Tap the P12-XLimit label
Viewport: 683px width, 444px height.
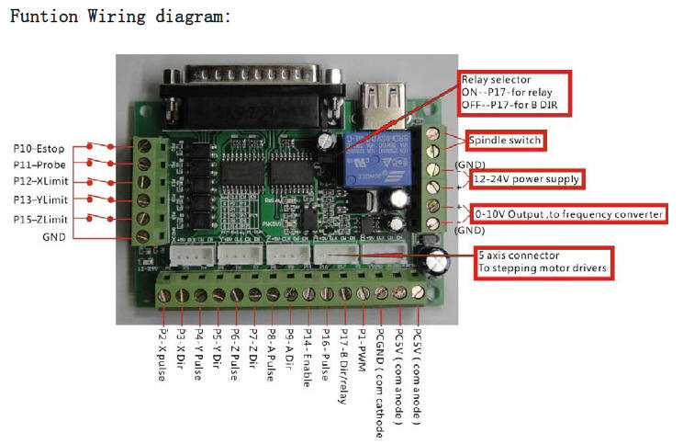coord(39,182)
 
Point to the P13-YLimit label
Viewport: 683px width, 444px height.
coord(39,199)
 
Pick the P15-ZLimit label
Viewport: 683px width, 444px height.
coord(39,218)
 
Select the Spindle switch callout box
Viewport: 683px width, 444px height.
coord(505,141)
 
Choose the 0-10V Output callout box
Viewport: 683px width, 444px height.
coord(569,214)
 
